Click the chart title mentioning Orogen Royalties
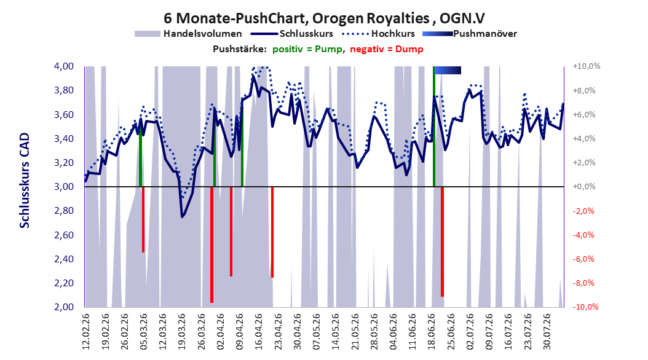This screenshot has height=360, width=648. tap(324, 18)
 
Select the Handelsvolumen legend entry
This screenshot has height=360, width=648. tap(188, 34)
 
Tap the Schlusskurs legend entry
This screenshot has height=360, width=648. tap(292, 34)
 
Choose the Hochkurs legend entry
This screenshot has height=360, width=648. tap(377, 34)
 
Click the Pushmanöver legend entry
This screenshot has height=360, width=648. tap(470, 34)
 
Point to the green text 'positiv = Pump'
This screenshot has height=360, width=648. tap(307, 49)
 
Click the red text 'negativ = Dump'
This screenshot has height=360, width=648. tap(387, 49)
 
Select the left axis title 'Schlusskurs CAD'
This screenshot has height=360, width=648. tap(25, 181)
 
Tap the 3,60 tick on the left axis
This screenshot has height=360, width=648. tap(64, 114)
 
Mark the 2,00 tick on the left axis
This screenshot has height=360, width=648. tap(64, 307)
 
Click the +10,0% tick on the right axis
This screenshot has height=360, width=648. tap(587, 66)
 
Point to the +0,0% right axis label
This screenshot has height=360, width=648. tap(584, 187)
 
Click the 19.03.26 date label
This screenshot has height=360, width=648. tap(181, 332)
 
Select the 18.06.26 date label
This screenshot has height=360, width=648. tap(432, 332)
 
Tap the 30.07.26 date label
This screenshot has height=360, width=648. tap(547, 332)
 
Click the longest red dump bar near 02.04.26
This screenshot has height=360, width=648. tap(211, 245)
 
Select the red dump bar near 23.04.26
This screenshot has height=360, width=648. tap(272, 232)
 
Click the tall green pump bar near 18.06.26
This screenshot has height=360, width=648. tap(434, 127)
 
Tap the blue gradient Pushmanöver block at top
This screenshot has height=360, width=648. tap(448, 71)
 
